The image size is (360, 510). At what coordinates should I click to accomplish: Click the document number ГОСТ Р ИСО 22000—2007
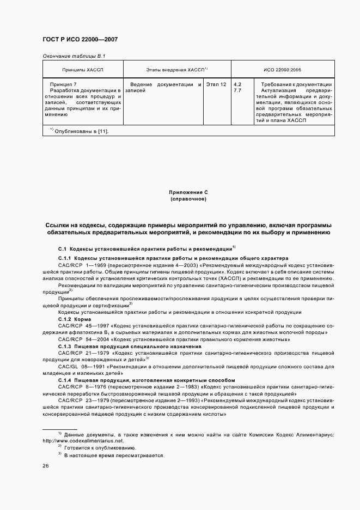click(80, 40)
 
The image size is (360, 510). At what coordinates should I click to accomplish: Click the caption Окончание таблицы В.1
click(74, 56)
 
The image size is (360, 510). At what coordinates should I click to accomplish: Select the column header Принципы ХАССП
click(83, 70)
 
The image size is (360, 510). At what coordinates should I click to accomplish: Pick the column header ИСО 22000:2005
click(282, 70)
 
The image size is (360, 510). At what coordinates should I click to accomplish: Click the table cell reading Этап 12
click(217, 84)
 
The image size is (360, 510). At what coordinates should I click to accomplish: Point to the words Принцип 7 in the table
click(63, 84)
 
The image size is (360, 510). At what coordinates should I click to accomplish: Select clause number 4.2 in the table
click(237, 84)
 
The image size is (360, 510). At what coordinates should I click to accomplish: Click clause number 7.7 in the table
click(237, 90)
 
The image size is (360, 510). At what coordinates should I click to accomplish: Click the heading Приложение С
click(188, 192)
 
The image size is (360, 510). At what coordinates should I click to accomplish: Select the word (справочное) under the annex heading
click(188, 199)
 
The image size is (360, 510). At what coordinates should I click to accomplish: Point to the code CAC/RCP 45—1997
click(81, 325)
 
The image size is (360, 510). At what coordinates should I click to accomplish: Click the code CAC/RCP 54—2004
click(81, 339)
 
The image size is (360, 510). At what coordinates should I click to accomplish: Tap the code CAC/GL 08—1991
click(80, 367)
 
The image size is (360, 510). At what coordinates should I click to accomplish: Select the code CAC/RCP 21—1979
click(81, 353)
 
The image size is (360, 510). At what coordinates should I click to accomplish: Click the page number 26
click(46, 466)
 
